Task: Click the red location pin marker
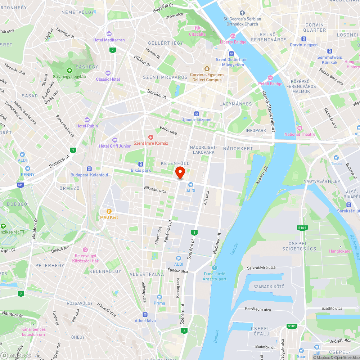pos(180,172)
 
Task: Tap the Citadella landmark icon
pos(197,28)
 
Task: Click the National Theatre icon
pos(300,128)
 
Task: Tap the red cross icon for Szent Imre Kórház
pos(151,137)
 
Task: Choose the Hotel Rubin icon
pos(87,120)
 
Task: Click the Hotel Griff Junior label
pos(115,146)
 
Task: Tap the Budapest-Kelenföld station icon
pos(89,169)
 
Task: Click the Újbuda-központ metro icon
pos(196,113)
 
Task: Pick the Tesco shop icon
pos(336,158)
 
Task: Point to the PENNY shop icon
pos(28,168)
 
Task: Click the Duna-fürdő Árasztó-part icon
pos(215,268)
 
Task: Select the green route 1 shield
pos(73,150)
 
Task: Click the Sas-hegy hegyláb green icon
pos(69,71)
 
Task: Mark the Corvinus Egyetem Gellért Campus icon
pos(207,69)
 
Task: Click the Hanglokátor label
pos(340,251)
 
